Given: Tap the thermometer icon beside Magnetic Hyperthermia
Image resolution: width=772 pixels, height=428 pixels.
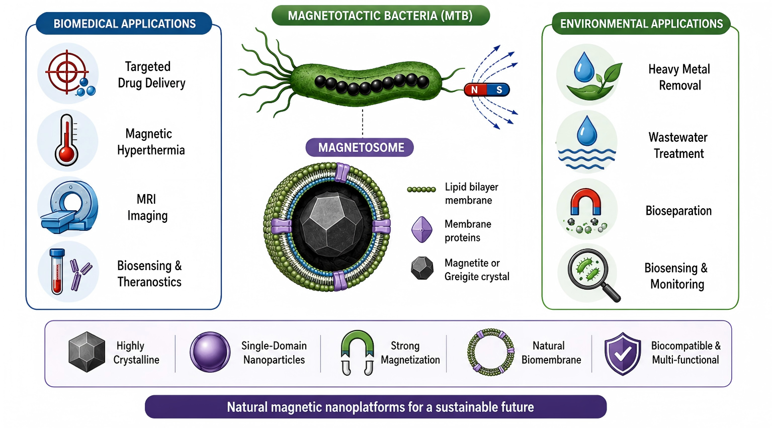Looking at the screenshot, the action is tap(67, 140).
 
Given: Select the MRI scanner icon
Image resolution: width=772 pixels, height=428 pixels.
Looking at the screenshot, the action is tap(69, 207).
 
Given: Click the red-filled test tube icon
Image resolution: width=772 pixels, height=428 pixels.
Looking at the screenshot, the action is tap(57, 272).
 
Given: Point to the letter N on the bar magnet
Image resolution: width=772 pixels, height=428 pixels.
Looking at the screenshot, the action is tap(475, 90).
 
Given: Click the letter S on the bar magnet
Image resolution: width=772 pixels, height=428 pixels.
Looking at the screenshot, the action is tap(499, 90).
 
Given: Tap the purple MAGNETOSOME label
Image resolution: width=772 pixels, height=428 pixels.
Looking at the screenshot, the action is tap(360, 147).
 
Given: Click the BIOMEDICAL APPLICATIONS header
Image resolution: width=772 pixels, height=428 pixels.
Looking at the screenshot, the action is tap(124, 24).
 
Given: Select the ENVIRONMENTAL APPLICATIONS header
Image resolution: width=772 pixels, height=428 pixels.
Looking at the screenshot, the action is tap(641, 24).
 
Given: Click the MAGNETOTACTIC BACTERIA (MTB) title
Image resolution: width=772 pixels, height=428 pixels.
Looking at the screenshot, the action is tap(381, 16).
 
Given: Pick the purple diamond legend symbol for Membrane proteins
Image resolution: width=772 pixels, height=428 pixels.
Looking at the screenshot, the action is tap(422, 229).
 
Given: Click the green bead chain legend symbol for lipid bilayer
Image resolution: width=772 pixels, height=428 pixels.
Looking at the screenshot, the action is tap(421, 189).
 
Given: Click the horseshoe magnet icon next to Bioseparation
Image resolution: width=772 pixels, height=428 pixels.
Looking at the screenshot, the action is tap(585, 201).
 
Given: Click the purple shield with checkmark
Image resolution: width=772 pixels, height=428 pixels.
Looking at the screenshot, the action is tap(623, 353).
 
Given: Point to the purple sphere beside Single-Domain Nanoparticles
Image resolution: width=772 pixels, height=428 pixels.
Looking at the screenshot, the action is tap(210, 352).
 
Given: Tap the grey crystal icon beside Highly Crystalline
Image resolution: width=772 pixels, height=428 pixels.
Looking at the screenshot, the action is tap(87, 352).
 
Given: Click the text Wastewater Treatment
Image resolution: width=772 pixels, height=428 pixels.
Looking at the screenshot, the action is tap(678, 145).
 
